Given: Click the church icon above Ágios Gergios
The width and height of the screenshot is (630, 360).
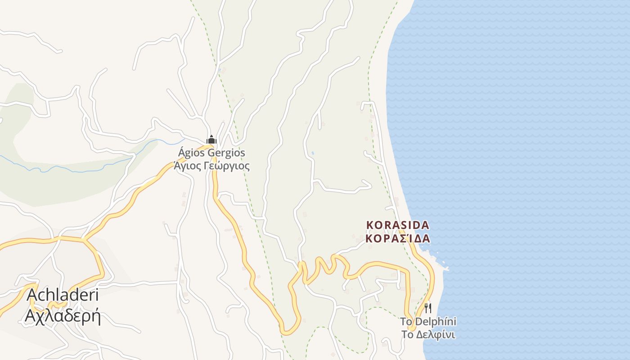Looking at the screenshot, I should pos(211,140).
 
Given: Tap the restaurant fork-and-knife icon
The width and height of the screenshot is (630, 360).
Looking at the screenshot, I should pos(428,308).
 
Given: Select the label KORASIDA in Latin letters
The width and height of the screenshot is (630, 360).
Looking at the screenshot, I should pos(398,225).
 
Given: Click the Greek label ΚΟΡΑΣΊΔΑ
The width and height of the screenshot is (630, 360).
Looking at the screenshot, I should pos(398,238).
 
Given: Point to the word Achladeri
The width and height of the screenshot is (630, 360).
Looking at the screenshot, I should pos(63,295).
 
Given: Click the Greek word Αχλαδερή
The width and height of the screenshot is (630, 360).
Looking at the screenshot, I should pos(63,316).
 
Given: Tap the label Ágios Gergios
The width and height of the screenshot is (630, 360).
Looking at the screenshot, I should pos(211,153).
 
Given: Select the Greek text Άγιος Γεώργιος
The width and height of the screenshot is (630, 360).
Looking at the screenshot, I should pos(211,166).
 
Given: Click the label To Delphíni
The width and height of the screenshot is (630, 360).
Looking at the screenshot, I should pos(428,322).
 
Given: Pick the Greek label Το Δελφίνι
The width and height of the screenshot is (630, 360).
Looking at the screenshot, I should pos(428,335).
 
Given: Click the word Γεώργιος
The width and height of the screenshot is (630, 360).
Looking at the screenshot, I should pos(225,166).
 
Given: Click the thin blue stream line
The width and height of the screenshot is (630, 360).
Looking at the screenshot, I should pos(67,169).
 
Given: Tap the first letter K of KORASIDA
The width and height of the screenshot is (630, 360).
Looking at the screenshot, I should pos(370,225).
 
